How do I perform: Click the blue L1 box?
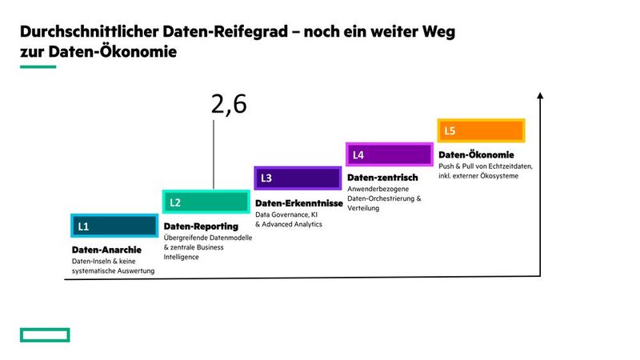(x=114, y=226)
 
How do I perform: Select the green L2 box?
(x=206, y=202)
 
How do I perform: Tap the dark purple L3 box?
(x=297, y=178)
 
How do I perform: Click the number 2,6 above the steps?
(x=229, y=105)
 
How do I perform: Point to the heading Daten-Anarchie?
(x=106, y=250)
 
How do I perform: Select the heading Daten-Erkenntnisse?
(x=298, y=203)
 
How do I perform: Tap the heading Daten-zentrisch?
(x=382, y=177)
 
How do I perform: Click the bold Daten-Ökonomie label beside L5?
(x=476, y=154)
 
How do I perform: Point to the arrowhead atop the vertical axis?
(x=542, y=97)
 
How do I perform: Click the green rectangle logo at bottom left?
(x=45, y=334)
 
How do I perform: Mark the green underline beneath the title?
(x=38, y=66)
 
